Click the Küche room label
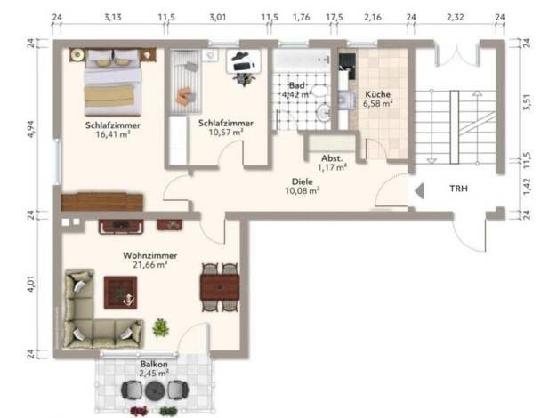coord(377,94)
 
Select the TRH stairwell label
coord(458,189)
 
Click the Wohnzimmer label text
coord(149,255)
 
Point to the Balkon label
coord(154,364)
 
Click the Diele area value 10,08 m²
coord(303,190)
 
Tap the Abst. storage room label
coord(332,158)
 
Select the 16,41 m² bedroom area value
coord(113,134)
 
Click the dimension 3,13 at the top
coord(113,17)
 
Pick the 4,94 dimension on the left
coord(31,129)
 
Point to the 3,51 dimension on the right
coord(527,102)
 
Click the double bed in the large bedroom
coord(113,83)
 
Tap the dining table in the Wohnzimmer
coord(220,287)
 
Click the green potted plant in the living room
coord(160,327)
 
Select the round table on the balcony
coord(154,390)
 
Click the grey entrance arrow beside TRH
coord(419,191)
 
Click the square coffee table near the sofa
coord(120,293)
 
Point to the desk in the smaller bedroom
coord(244,61)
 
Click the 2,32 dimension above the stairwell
coord(455,17)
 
